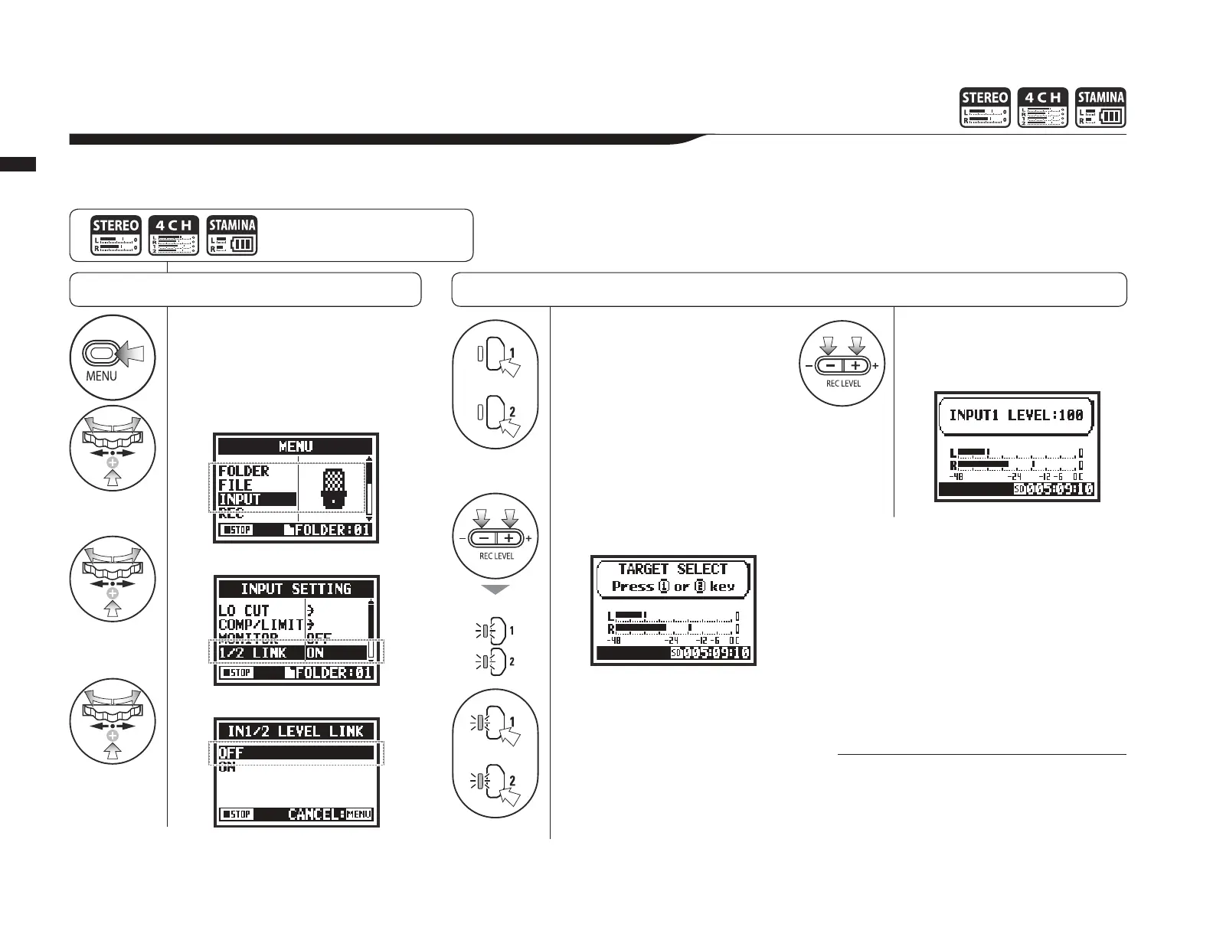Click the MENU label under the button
(101, 376)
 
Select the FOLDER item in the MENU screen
(244, 472)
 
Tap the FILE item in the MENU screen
(235, 485)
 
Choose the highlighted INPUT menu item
(240, 499)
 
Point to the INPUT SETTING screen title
(296, 589)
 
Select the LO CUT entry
(244, 610)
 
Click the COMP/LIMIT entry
(260, 624)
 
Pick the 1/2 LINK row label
(253, 652)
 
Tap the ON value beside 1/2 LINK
(316, 652)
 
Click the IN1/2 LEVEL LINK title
(296, 731)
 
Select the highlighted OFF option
(231, 753)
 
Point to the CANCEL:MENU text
(330, 814)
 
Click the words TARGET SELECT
(672, 569)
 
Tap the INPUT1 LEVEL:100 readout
(1016, 415)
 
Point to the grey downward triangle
(495, 589)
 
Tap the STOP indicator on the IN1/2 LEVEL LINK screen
(237, 814)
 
